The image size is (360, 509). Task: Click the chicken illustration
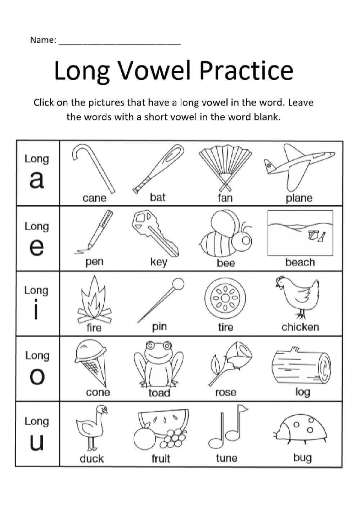(x=299, y=297)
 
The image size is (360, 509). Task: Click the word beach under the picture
(x=300, y=262)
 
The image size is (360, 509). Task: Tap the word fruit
(x=161, y=458)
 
